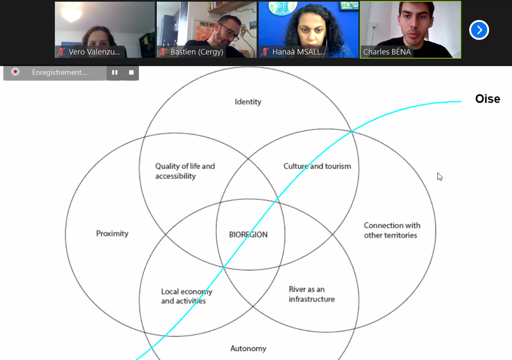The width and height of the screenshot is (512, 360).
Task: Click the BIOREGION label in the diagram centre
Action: [x=248, y=234]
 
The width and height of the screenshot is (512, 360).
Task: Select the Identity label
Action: [x=248, y=102]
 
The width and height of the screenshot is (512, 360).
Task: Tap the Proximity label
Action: [x=112, y=234]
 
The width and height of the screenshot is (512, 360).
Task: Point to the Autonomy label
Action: [x=248, y=349]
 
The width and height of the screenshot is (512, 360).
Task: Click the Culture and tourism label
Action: [x=317, y=166]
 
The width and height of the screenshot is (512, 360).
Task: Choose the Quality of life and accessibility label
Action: [x=185, y=171]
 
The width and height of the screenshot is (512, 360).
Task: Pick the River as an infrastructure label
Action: [x=312, y=294]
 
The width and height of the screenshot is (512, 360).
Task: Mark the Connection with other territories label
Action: [x=392, y=230]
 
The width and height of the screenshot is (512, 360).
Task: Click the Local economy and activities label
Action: [x=187, y=296]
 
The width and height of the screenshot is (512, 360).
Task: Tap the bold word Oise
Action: [x=488, y=99]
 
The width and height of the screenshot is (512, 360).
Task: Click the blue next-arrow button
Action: [x=479, y=30]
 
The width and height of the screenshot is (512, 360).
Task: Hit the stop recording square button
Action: [x=131, y=72]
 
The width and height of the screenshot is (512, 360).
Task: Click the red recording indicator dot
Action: [x=15, y=72]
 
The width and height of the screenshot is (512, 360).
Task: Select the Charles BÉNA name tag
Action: [x=387, y=52]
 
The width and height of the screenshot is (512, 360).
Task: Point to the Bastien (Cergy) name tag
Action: [x=197, y=52]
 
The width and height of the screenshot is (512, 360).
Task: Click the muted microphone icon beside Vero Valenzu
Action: [x=61, y=52]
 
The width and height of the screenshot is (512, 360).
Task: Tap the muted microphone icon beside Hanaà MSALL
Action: [x=265, y=52]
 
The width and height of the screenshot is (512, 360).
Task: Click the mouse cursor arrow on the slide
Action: [x=440, y=177]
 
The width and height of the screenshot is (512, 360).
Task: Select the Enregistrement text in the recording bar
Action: [x=59, y=72]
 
